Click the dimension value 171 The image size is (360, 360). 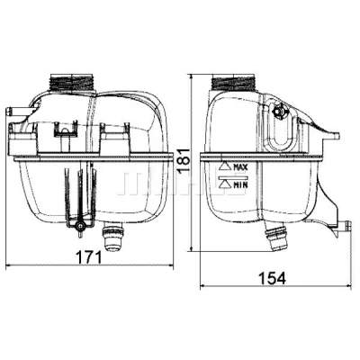point(88,257)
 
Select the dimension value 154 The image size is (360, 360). point(273,278)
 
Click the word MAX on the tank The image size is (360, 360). point(240,167)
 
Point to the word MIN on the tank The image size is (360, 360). point(240,184)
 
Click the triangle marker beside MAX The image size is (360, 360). point(225,166)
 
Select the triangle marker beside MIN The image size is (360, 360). point(225,184)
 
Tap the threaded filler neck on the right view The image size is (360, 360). point(234,82)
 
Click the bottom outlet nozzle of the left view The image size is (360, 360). point(112,237)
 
